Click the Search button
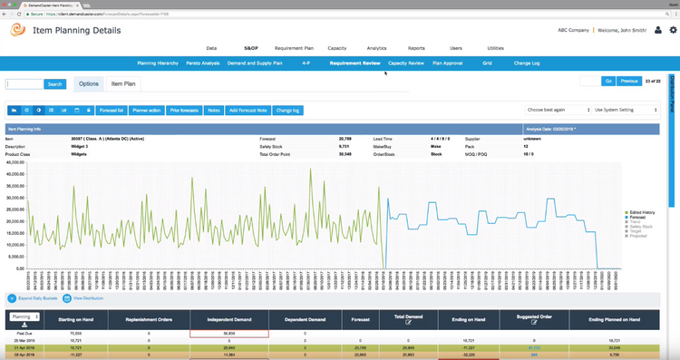click(x=55, y=84)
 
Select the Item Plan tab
click(x=123, y=83)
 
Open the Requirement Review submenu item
click(x=355, y=63)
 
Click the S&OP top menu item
click(x=251, y=47)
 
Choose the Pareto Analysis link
click(x=204, y=63)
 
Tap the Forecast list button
click(x=111, y=110)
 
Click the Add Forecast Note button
click(x=248, y=110)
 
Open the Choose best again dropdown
click(x=557, y=110)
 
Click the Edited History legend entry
click(x=640, y=212)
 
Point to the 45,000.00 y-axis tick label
click(x=15, y=164)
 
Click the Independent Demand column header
click(x=229, y=318)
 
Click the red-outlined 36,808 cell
click(x=229, y=334)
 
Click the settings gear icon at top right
click(x=672, y=30)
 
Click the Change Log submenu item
click(x=527, y=63)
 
